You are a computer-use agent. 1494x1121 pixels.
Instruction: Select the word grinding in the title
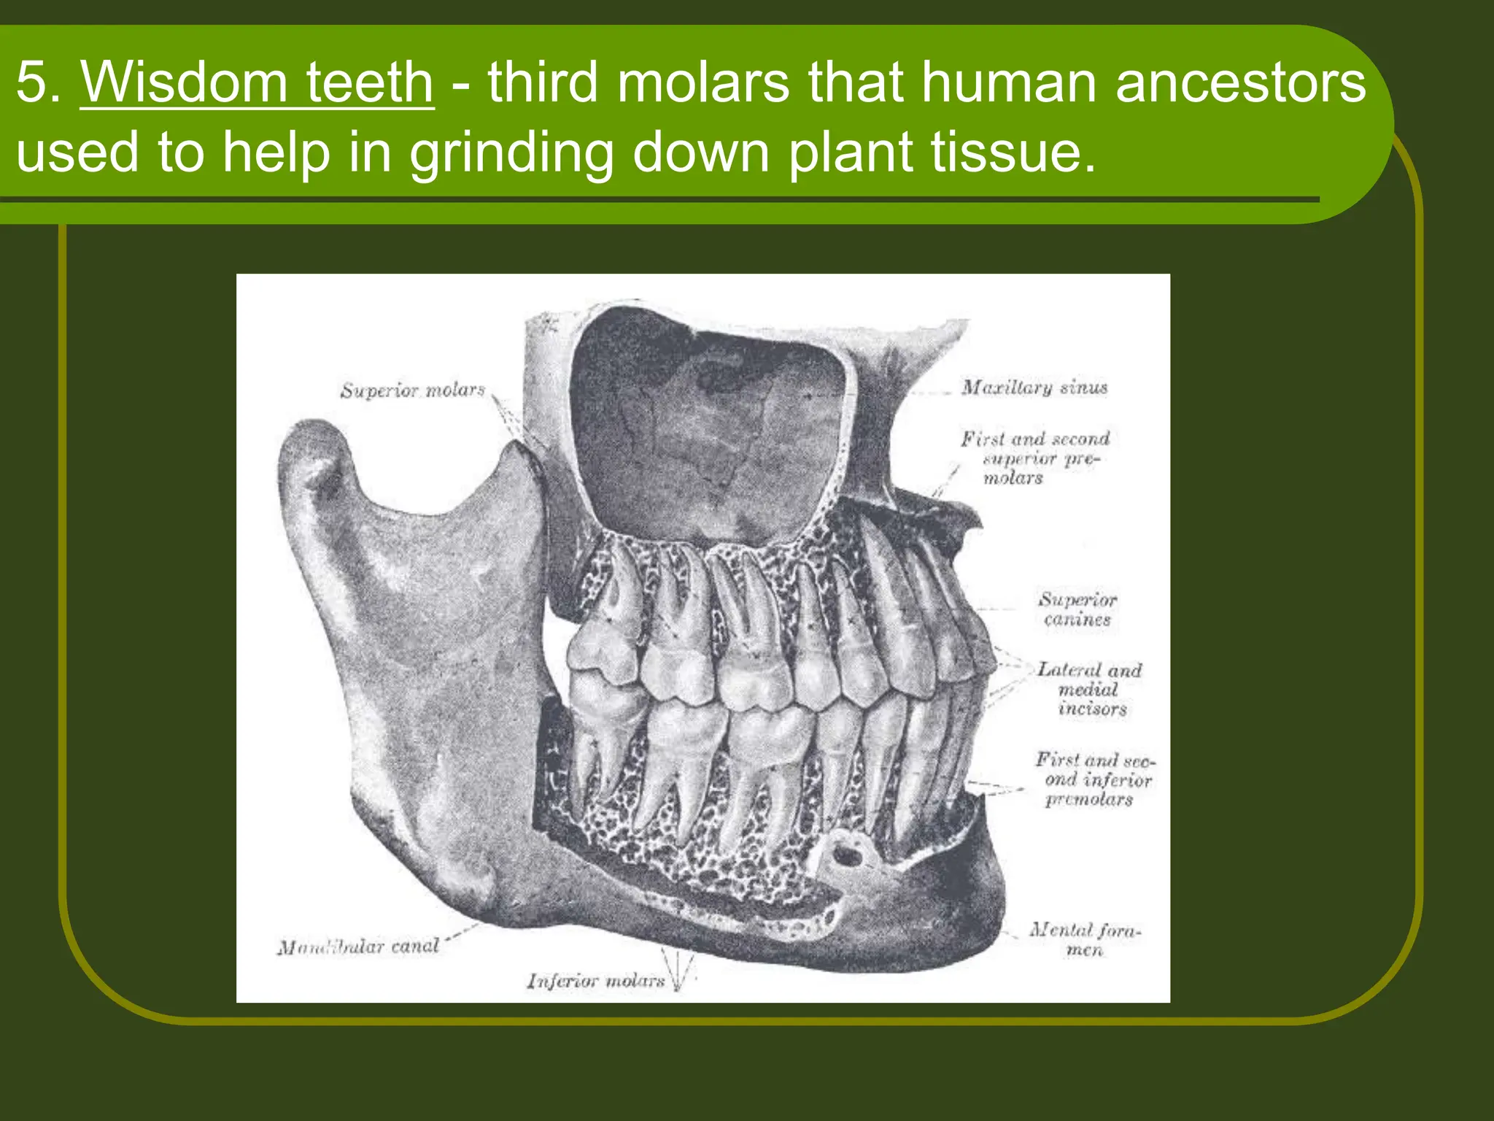pos(511,153)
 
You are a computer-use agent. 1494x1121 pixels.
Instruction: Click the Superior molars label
pos(412,390)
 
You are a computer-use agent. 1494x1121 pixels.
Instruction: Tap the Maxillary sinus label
pos(1034,387)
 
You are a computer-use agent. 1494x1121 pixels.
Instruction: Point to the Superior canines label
pos(1077,609)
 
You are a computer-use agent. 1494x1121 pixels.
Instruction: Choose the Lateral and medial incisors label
pos(1089,689)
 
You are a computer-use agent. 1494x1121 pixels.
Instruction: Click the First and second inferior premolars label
pos(1094,779)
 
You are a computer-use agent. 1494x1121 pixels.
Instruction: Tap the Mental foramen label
pos(1085,939)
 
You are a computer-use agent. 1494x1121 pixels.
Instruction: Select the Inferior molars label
pos(595,981)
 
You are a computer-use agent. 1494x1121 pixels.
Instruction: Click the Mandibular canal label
pos(357,947)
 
